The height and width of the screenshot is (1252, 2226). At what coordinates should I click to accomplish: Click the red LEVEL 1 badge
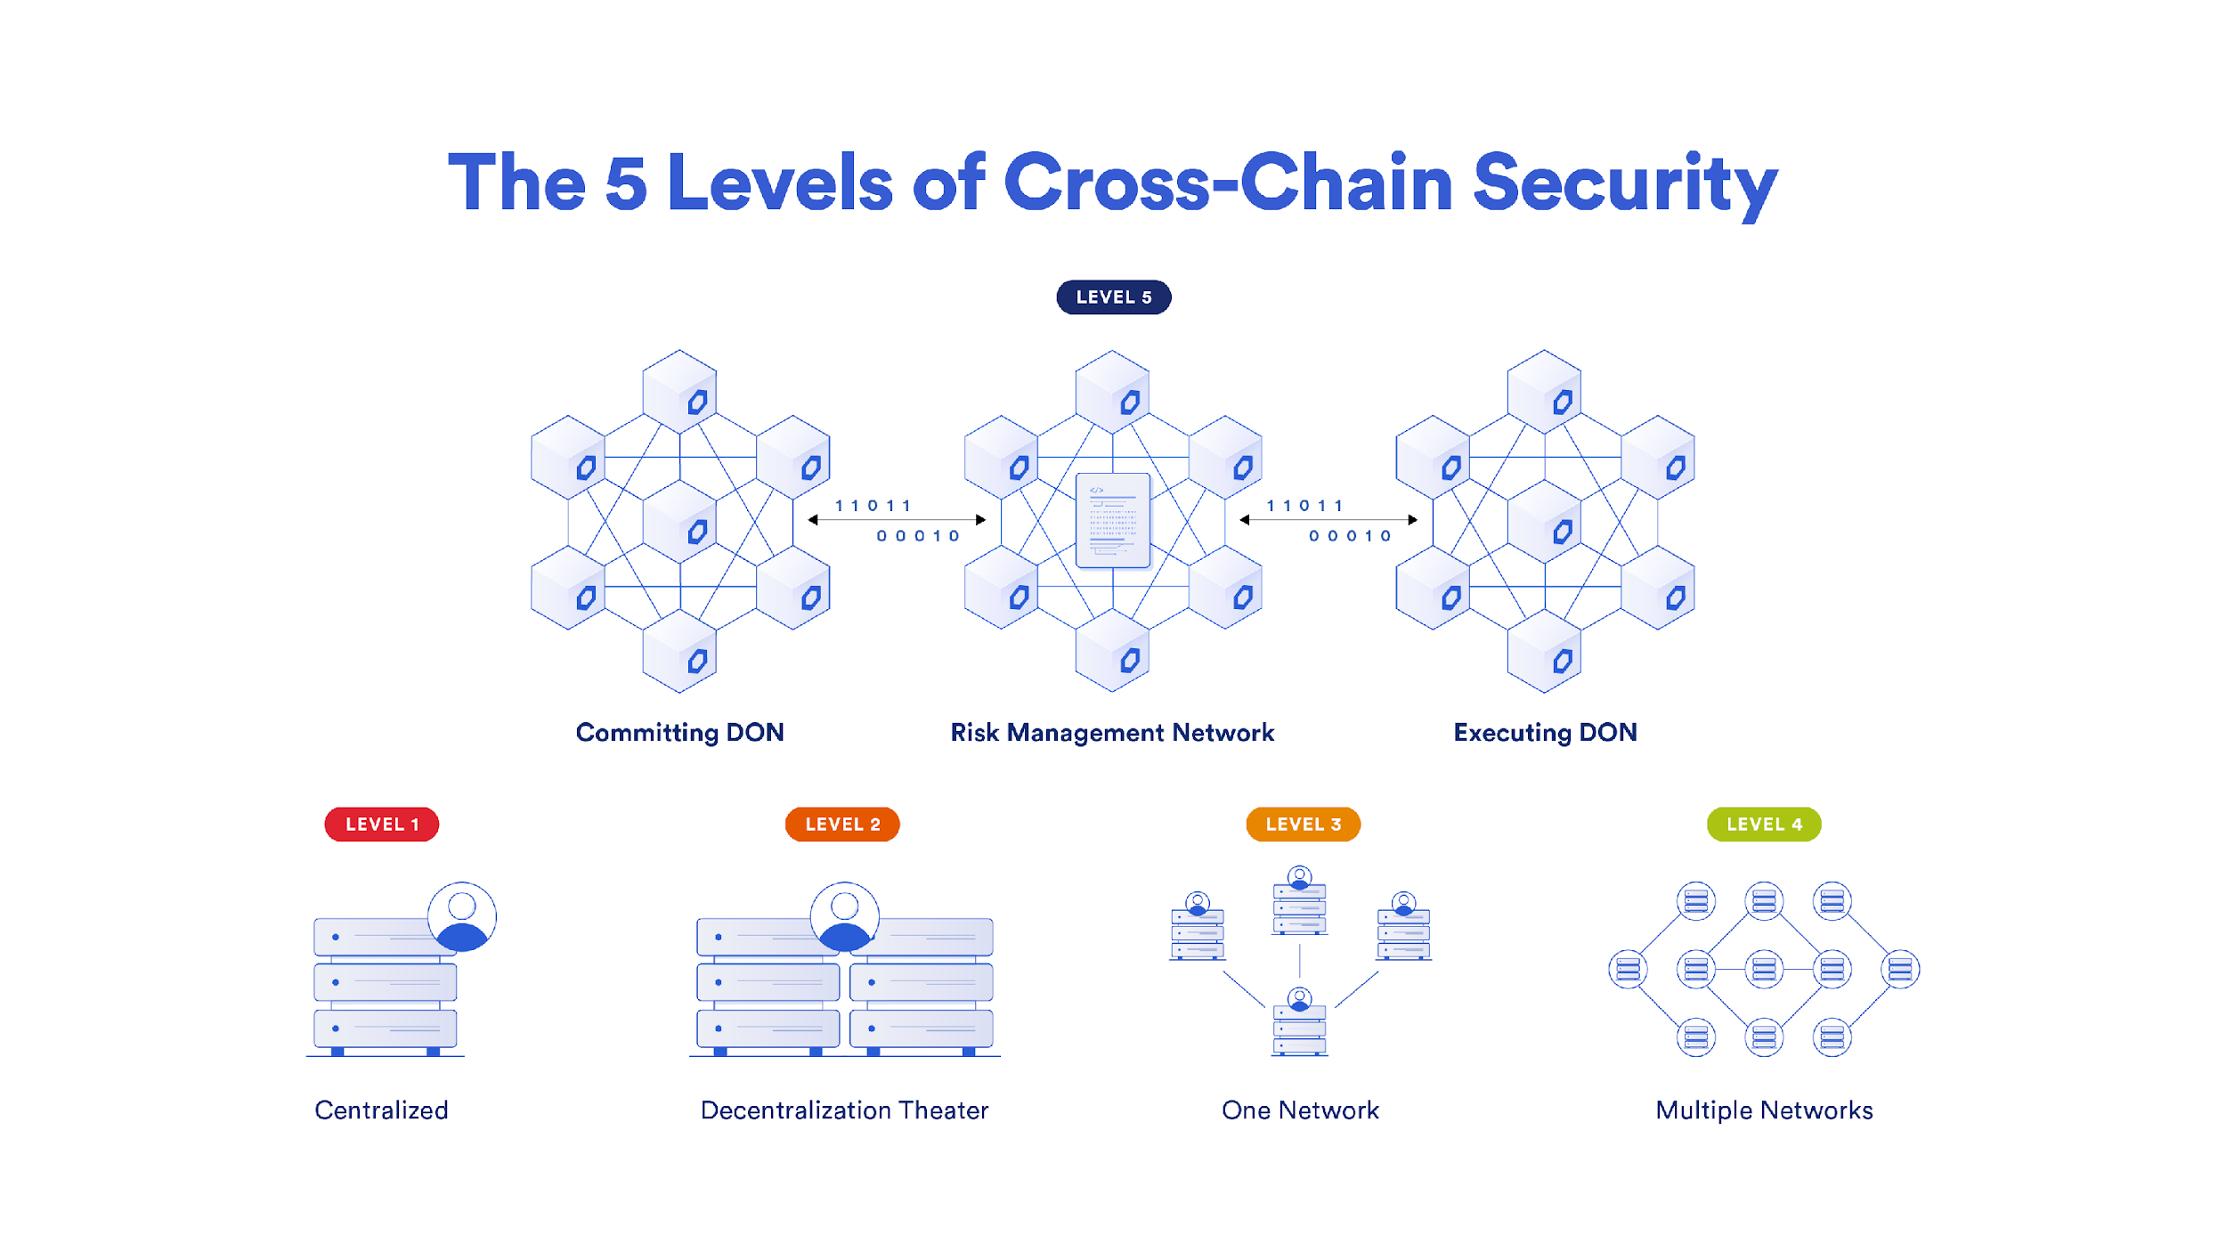click(381, 825)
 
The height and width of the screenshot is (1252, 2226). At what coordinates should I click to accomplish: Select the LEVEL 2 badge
click(842, 825)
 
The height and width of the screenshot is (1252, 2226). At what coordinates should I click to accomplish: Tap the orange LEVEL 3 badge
click(1303, 825)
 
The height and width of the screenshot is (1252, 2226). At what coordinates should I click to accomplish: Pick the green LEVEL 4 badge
click(1764, 825)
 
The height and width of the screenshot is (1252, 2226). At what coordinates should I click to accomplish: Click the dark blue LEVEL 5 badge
click(1114, 297)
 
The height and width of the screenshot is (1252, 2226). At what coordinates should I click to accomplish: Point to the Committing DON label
click(680, 733)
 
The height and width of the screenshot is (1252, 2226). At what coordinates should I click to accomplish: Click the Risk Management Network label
click(1112, 733)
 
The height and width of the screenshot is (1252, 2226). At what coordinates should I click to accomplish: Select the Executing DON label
click(1545, 733)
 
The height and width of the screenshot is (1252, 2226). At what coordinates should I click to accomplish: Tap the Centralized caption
click(381, 1110)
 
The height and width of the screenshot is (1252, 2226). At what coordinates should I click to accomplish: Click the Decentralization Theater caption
click(844, 1110)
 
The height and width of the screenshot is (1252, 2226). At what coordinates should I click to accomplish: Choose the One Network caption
click(1300, 1110)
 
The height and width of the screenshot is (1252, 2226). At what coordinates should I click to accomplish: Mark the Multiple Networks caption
click(1764, 1110)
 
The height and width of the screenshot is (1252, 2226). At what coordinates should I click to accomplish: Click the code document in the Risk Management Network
click(1113, 521)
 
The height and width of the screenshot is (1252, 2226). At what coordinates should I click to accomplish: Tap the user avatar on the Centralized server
click(462, 917)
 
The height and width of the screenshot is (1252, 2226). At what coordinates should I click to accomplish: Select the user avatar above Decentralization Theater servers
click(845, 917)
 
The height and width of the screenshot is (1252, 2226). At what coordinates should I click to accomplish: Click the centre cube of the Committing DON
click(679, 522)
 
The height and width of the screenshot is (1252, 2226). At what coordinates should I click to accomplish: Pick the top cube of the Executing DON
click(1544, 392)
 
